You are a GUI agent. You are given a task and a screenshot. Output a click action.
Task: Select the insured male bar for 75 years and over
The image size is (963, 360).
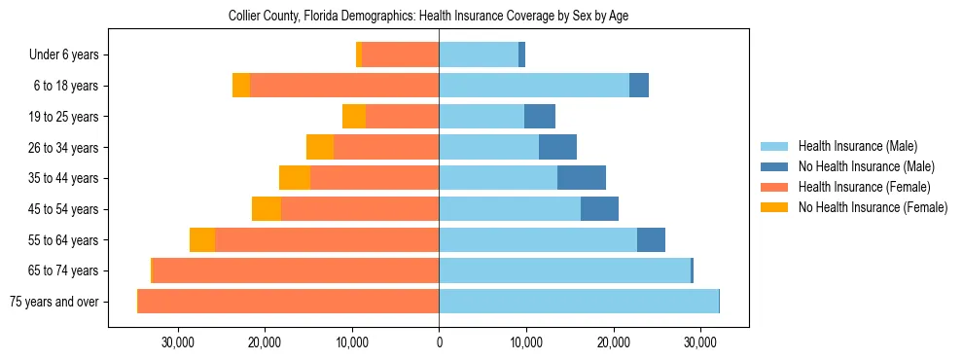[579, 301]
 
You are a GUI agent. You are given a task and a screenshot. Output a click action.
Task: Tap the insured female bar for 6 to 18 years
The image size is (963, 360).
[344, 86]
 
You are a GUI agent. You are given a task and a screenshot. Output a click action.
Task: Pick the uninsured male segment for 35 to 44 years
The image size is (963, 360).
[582, 178]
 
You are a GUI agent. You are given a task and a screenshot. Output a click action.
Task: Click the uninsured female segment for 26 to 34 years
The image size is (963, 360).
[320, 147]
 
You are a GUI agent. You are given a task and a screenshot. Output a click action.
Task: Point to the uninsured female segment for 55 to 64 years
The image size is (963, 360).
[202, 239]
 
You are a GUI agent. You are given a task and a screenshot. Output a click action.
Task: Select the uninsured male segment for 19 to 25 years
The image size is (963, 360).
[540, 117]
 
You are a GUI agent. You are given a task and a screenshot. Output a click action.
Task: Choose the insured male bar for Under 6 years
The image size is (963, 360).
[479, 54]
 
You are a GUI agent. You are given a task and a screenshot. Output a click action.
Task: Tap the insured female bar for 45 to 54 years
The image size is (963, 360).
[360, 208]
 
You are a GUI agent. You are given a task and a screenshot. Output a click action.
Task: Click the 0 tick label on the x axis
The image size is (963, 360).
[439, 342]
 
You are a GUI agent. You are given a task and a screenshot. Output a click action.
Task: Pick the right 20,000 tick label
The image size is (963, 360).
[613, 342]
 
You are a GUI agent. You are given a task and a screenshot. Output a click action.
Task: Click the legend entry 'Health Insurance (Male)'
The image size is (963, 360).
[857, 146]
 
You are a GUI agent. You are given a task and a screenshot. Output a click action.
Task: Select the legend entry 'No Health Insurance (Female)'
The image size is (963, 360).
[873, 207]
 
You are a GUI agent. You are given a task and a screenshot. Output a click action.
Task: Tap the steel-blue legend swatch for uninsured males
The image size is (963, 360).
[775, 166]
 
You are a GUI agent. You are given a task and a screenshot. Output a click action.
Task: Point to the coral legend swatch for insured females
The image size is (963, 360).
[775, 187]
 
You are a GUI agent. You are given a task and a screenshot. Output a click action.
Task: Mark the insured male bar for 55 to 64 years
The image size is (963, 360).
[538, 239]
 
